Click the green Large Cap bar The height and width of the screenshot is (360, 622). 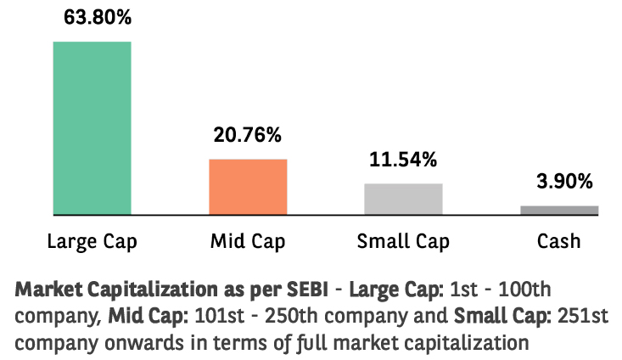pos(92,127)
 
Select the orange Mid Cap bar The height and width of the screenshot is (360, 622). pos(248,186)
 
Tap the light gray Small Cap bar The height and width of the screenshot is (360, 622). pos(403,198)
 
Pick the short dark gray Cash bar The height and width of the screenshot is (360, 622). pos(559,210)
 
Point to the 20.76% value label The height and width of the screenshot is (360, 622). pos(248,133)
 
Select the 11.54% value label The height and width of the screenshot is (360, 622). pos(403,158)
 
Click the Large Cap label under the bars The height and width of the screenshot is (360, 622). pos(92,241)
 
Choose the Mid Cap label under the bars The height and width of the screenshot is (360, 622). pos(248,241)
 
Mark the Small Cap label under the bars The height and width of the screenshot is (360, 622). pos(403,241)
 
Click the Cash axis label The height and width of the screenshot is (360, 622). pos(559,241)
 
